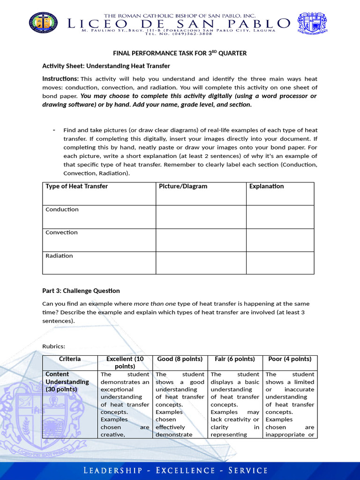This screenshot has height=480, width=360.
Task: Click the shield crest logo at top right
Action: tap(313, 23)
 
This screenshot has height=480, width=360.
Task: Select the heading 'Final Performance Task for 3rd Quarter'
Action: tap(180, 53)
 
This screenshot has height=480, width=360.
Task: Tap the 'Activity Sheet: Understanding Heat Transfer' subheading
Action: tap(106, 66)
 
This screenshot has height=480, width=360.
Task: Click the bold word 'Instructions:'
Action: tap(60, 79)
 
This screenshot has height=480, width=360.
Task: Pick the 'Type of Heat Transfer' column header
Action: tap(76, 187)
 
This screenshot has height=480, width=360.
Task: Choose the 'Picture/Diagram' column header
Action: tap(183, 187)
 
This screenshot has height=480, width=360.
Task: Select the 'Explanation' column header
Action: tap(266, 187)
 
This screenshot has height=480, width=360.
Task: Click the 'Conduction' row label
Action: tap(62, 210)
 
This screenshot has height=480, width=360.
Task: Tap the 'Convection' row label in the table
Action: tap(61, 232)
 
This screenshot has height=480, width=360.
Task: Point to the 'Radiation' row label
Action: tap(59, 256)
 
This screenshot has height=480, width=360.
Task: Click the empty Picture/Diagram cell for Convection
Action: tap(201, 240)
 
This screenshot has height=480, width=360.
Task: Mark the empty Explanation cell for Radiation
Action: tap(280, 263)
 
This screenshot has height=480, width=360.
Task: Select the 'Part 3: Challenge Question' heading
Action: tap(81, 291)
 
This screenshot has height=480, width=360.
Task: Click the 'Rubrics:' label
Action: tap(53, 346)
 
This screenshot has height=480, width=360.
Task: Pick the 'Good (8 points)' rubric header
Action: tap(180, 359)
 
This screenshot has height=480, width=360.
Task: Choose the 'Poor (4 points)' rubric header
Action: tap(290, 359)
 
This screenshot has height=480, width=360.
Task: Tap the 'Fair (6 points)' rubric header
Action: tap(235, 359)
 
